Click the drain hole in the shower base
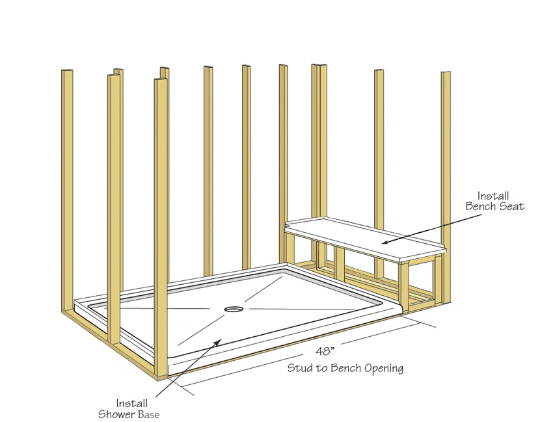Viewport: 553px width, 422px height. [x=234, y=309]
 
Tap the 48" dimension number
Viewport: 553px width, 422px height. [x=325, y=351]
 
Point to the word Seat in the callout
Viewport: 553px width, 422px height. [x=512, y=207]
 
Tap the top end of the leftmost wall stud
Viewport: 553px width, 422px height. [x=67, y=72]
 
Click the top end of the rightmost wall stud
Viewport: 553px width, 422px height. [x=446, y=73]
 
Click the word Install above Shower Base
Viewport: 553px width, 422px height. [x=131, y=403]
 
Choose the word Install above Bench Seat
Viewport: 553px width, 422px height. [x=493, y=196]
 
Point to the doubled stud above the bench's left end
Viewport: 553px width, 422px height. [x=319, y=143]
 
